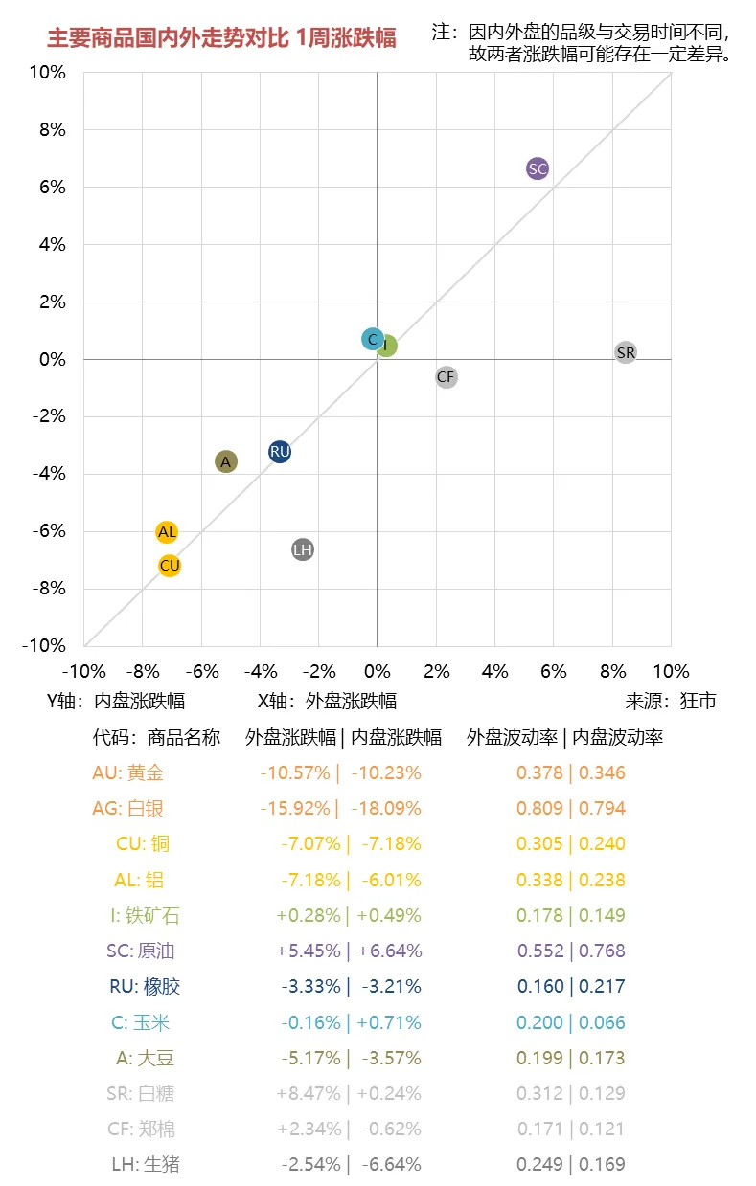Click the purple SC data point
pos(538,168)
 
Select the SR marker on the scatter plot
pos(626,352)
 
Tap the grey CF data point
pos(446,377)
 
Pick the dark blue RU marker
pos(280,452)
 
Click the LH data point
pos(303,549)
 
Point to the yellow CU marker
pos(170,566)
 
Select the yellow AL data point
pos(167,531)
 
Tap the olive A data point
pos(225,461)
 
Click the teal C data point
pos(373,339)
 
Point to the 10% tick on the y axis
pos(48,73)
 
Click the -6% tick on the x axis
pos(201,671)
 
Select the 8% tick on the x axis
pos(611,671)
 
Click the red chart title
pos(221,38)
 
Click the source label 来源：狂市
pos(671,701)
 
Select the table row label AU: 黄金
pos(128,772)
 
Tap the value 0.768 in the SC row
pos(602,951)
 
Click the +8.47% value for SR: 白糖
pos(308,1093)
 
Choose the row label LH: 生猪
pos(146,1164)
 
